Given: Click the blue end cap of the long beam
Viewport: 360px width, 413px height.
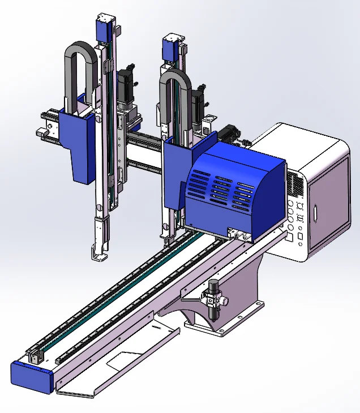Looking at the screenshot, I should (x=32, y=376).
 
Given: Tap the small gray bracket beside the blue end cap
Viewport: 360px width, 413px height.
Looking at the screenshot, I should (x=35, y=355).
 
